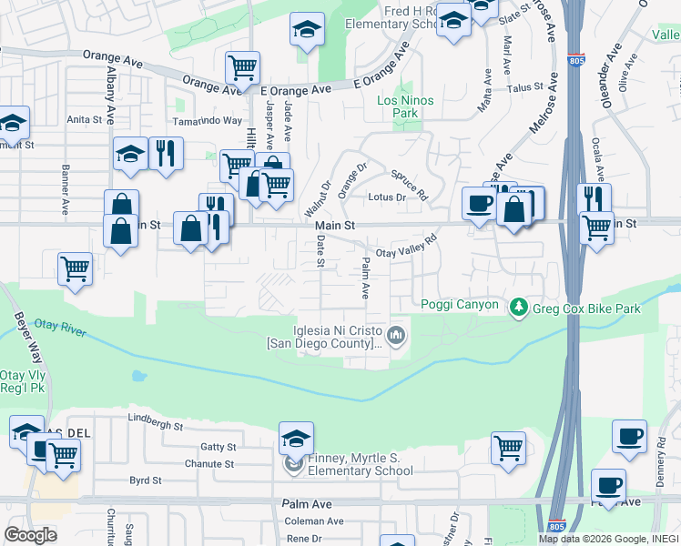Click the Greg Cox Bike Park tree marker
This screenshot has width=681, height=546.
click(x=520, y=308)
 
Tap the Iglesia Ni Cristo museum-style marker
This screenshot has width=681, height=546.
click(x=396, y=337)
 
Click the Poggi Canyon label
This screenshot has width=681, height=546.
click(x=459, y=305)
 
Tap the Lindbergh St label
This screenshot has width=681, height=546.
click(x=156, y=426)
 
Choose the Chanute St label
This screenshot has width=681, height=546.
click(x=208, y=464)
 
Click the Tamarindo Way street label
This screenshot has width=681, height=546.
click(x=208, y=121)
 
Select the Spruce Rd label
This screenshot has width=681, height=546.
click(x=408, y=183)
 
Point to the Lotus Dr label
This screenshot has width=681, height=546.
click(x=387, y=197)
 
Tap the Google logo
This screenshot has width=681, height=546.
click(x=30, y=535)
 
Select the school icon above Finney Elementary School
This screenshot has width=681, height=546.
click(x=296, y=438)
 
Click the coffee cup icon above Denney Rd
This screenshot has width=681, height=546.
click(x=629, y=435)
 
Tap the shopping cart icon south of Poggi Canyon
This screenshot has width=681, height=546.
click(x=508, y=447)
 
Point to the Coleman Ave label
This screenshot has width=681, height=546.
click(x=314, y=521)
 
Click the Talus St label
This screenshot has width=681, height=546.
click(x=525, y=88)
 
